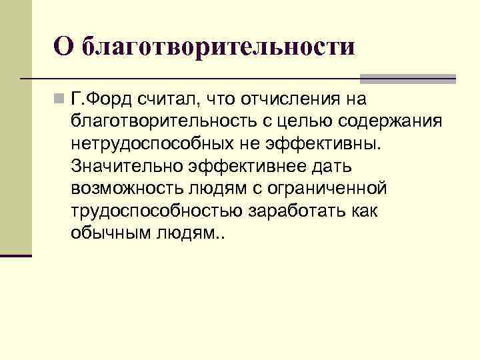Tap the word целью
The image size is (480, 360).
pyautogui.click(x=282, y=122)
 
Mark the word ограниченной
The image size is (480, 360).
pyautogui.click(x=331, y=189)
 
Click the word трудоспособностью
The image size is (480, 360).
pyautogui.click(x=156, y=211)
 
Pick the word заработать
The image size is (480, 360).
pyautogui.click(x=300, y=211)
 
